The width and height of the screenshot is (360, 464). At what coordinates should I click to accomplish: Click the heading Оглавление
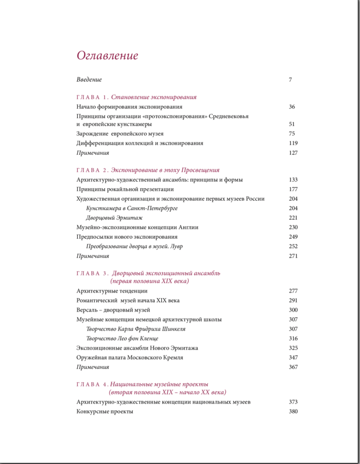pos(107,56)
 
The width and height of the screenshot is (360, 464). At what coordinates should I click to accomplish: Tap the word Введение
pos(89,80)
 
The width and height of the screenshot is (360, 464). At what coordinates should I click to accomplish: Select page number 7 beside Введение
pos(290,80)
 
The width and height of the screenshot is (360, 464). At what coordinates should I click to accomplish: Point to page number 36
pos(292,106)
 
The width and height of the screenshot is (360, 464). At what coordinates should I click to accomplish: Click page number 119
pos(293,143)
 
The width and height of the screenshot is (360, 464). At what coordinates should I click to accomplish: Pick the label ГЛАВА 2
pos(92,170)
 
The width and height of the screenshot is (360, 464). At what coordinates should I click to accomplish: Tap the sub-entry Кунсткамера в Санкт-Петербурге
pos(132,208)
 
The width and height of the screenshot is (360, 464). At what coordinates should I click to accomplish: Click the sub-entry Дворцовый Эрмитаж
pos(114,218)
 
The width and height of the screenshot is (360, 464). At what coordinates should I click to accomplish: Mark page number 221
pos(293,218)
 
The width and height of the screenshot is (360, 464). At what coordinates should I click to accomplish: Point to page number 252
pos(293,247)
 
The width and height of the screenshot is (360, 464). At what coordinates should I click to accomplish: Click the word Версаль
pos(88,310)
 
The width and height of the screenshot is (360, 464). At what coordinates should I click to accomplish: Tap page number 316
pos(293,338)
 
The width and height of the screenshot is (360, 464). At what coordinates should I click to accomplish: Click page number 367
pos(293,367)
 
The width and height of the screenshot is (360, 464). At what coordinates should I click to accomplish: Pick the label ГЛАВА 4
pos(92,384)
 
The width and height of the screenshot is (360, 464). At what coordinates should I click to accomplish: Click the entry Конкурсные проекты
pos(105,412)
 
